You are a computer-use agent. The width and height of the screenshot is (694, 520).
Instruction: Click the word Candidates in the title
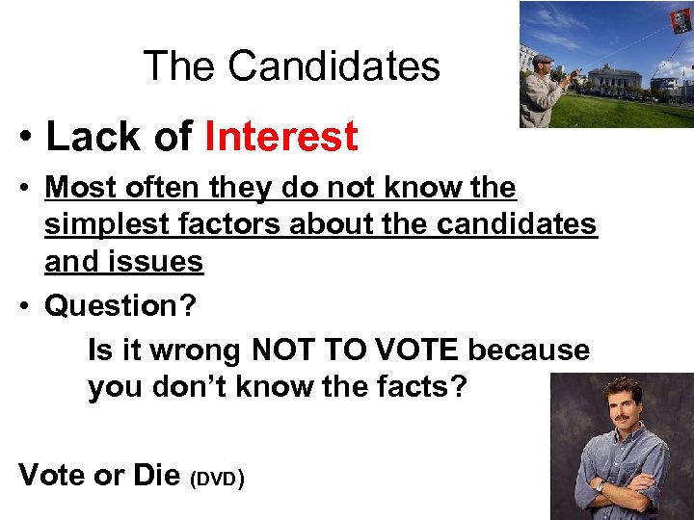(334, 66)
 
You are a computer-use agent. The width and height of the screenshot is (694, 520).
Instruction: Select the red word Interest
(280, 137)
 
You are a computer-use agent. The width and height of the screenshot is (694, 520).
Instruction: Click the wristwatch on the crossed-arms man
(599, 486)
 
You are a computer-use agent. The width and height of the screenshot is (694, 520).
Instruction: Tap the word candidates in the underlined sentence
(510, 224)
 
